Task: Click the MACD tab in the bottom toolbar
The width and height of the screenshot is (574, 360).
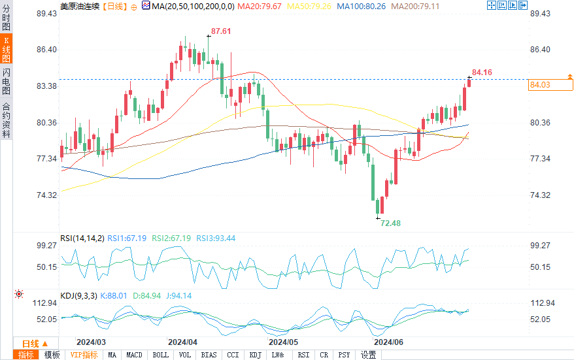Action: coord(134,355)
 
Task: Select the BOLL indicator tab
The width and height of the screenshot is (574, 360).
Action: coord(160,355)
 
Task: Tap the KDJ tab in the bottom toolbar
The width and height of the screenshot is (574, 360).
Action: coord(255,355)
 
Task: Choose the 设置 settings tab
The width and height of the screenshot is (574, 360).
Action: coord(368,355)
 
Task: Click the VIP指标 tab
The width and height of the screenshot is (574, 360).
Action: coord(84,355)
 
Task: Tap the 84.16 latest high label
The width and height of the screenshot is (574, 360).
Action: coord(481,72)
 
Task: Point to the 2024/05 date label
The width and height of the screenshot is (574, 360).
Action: coord(284,342)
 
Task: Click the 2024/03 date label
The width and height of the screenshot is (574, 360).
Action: coord(91,342)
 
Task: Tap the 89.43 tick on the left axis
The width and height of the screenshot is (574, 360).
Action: coord(48,14)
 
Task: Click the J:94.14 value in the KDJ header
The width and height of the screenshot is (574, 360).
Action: coord(178,295)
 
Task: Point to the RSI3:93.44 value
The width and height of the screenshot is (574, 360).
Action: coord(216,238)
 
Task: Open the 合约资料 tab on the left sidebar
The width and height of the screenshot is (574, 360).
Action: coord(7,120)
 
